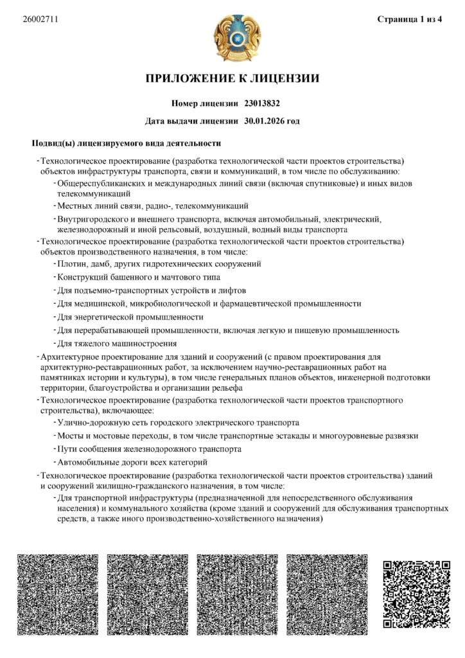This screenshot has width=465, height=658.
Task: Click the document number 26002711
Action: [x=40, y=19]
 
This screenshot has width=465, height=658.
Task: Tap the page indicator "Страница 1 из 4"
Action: [x=409, y=19]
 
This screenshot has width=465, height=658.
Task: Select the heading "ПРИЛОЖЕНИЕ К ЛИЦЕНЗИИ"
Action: [x=232, y=79]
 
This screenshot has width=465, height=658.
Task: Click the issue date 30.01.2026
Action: [x=264, y=121]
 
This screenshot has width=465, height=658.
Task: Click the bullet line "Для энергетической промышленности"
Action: [x=130, y=317]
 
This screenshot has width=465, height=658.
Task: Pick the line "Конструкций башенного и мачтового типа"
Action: [x=139, y=277]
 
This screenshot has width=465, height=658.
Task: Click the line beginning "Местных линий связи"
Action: [x=153, y=206]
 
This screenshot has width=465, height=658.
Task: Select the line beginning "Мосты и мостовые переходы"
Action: [x=238, y=436]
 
